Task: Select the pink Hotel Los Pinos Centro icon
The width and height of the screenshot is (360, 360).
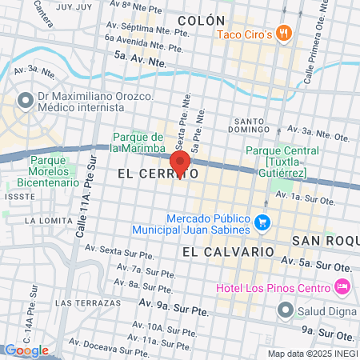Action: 342,286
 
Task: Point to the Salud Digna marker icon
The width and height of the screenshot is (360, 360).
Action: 283,309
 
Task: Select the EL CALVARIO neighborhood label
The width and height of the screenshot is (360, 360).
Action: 228,251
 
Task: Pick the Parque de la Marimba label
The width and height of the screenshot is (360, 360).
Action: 138,142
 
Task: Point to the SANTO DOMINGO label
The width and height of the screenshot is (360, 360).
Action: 245,123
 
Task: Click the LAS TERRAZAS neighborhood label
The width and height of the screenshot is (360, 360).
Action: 81,303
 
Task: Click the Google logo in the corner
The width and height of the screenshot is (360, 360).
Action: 26,350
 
